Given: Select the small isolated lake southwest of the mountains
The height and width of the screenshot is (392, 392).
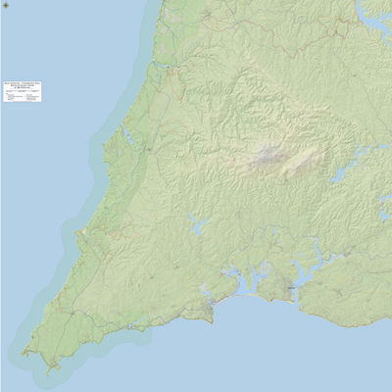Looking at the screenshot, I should pos(199,228).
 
